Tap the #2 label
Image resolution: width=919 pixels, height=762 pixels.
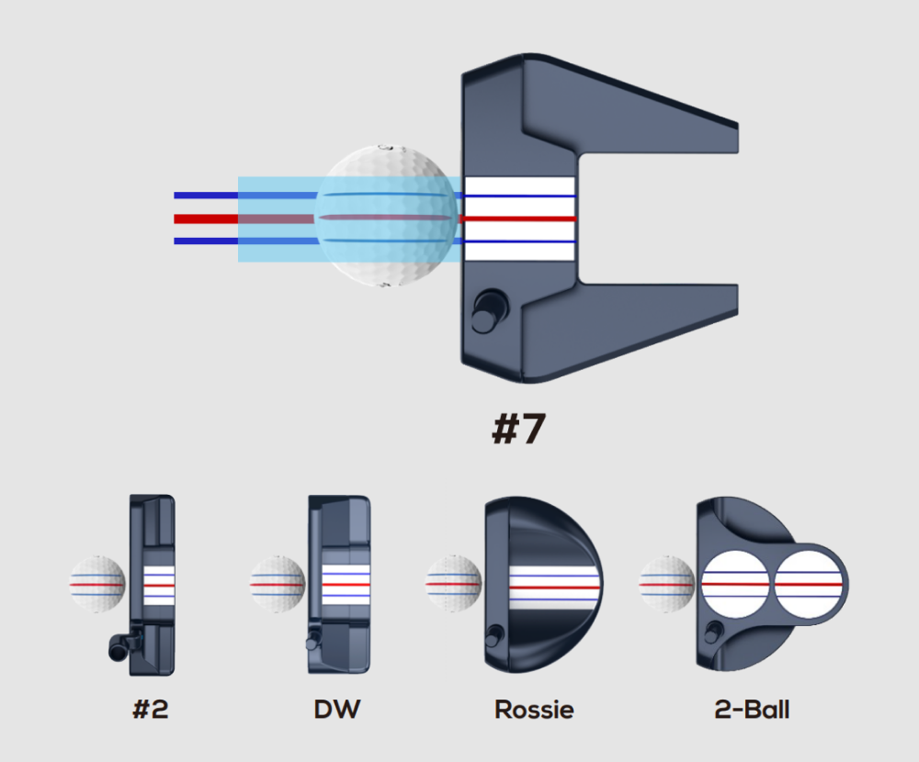[151, 709]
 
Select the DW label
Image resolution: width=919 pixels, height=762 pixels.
[337, 709]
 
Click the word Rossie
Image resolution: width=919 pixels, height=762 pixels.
[534, 709]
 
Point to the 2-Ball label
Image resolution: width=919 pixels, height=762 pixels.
[752, 709]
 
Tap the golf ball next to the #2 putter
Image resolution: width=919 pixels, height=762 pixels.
[96, 584]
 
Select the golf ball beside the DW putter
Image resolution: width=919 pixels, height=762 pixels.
[278, 584]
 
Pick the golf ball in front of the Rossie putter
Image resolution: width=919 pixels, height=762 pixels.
[453, 584]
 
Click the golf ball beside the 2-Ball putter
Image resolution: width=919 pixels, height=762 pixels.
[667, 584]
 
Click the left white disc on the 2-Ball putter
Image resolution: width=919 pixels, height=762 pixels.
[735, 583]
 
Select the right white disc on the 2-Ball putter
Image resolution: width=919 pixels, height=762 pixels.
[809, 583]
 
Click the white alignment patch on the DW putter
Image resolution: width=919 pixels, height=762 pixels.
[346, 584]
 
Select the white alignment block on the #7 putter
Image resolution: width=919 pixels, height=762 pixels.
[520, 219]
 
